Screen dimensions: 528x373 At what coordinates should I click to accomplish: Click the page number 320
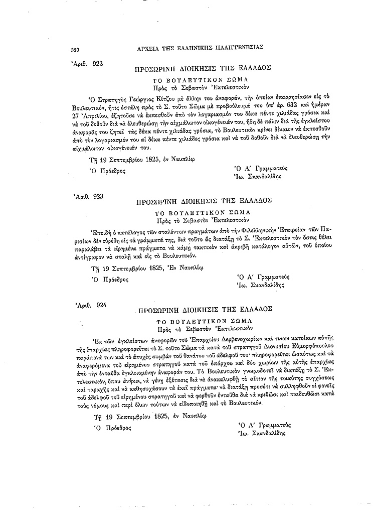point(76,50)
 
